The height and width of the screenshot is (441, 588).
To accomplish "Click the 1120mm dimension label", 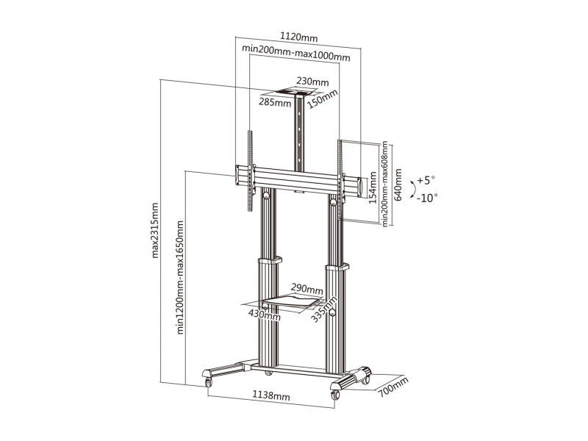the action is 299,37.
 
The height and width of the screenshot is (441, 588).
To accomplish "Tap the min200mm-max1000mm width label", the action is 296,53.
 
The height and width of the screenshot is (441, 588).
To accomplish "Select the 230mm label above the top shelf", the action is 312,82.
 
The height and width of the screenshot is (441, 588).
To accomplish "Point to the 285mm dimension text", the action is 275,102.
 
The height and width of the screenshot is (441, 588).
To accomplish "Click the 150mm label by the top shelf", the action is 323,98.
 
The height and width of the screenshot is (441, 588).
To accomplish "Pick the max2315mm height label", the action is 155,230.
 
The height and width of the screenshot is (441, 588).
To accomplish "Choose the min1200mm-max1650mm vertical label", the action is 180,277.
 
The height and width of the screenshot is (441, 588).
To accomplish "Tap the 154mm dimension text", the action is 373,187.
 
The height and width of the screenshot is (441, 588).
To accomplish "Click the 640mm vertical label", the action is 398,184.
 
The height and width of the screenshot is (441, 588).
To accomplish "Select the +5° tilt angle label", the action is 426,180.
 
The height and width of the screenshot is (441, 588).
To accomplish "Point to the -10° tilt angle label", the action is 427,198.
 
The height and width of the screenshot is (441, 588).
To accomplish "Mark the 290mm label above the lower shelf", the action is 307,289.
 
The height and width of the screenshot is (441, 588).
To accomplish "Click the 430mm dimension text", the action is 265,315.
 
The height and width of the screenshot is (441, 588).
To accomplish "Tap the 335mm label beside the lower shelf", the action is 324,309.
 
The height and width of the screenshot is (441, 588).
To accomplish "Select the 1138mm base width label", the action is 270,395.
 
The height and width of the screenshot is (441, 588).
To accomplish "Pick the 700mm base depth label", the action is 393,387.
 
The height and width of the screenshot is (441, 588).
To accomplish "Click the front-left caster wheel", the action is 208,382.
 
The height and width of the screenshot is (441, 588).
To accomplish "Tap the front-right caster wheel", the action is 335,395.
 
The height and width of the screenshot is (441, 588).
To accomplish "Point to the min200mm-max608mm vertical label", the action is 384,184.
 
